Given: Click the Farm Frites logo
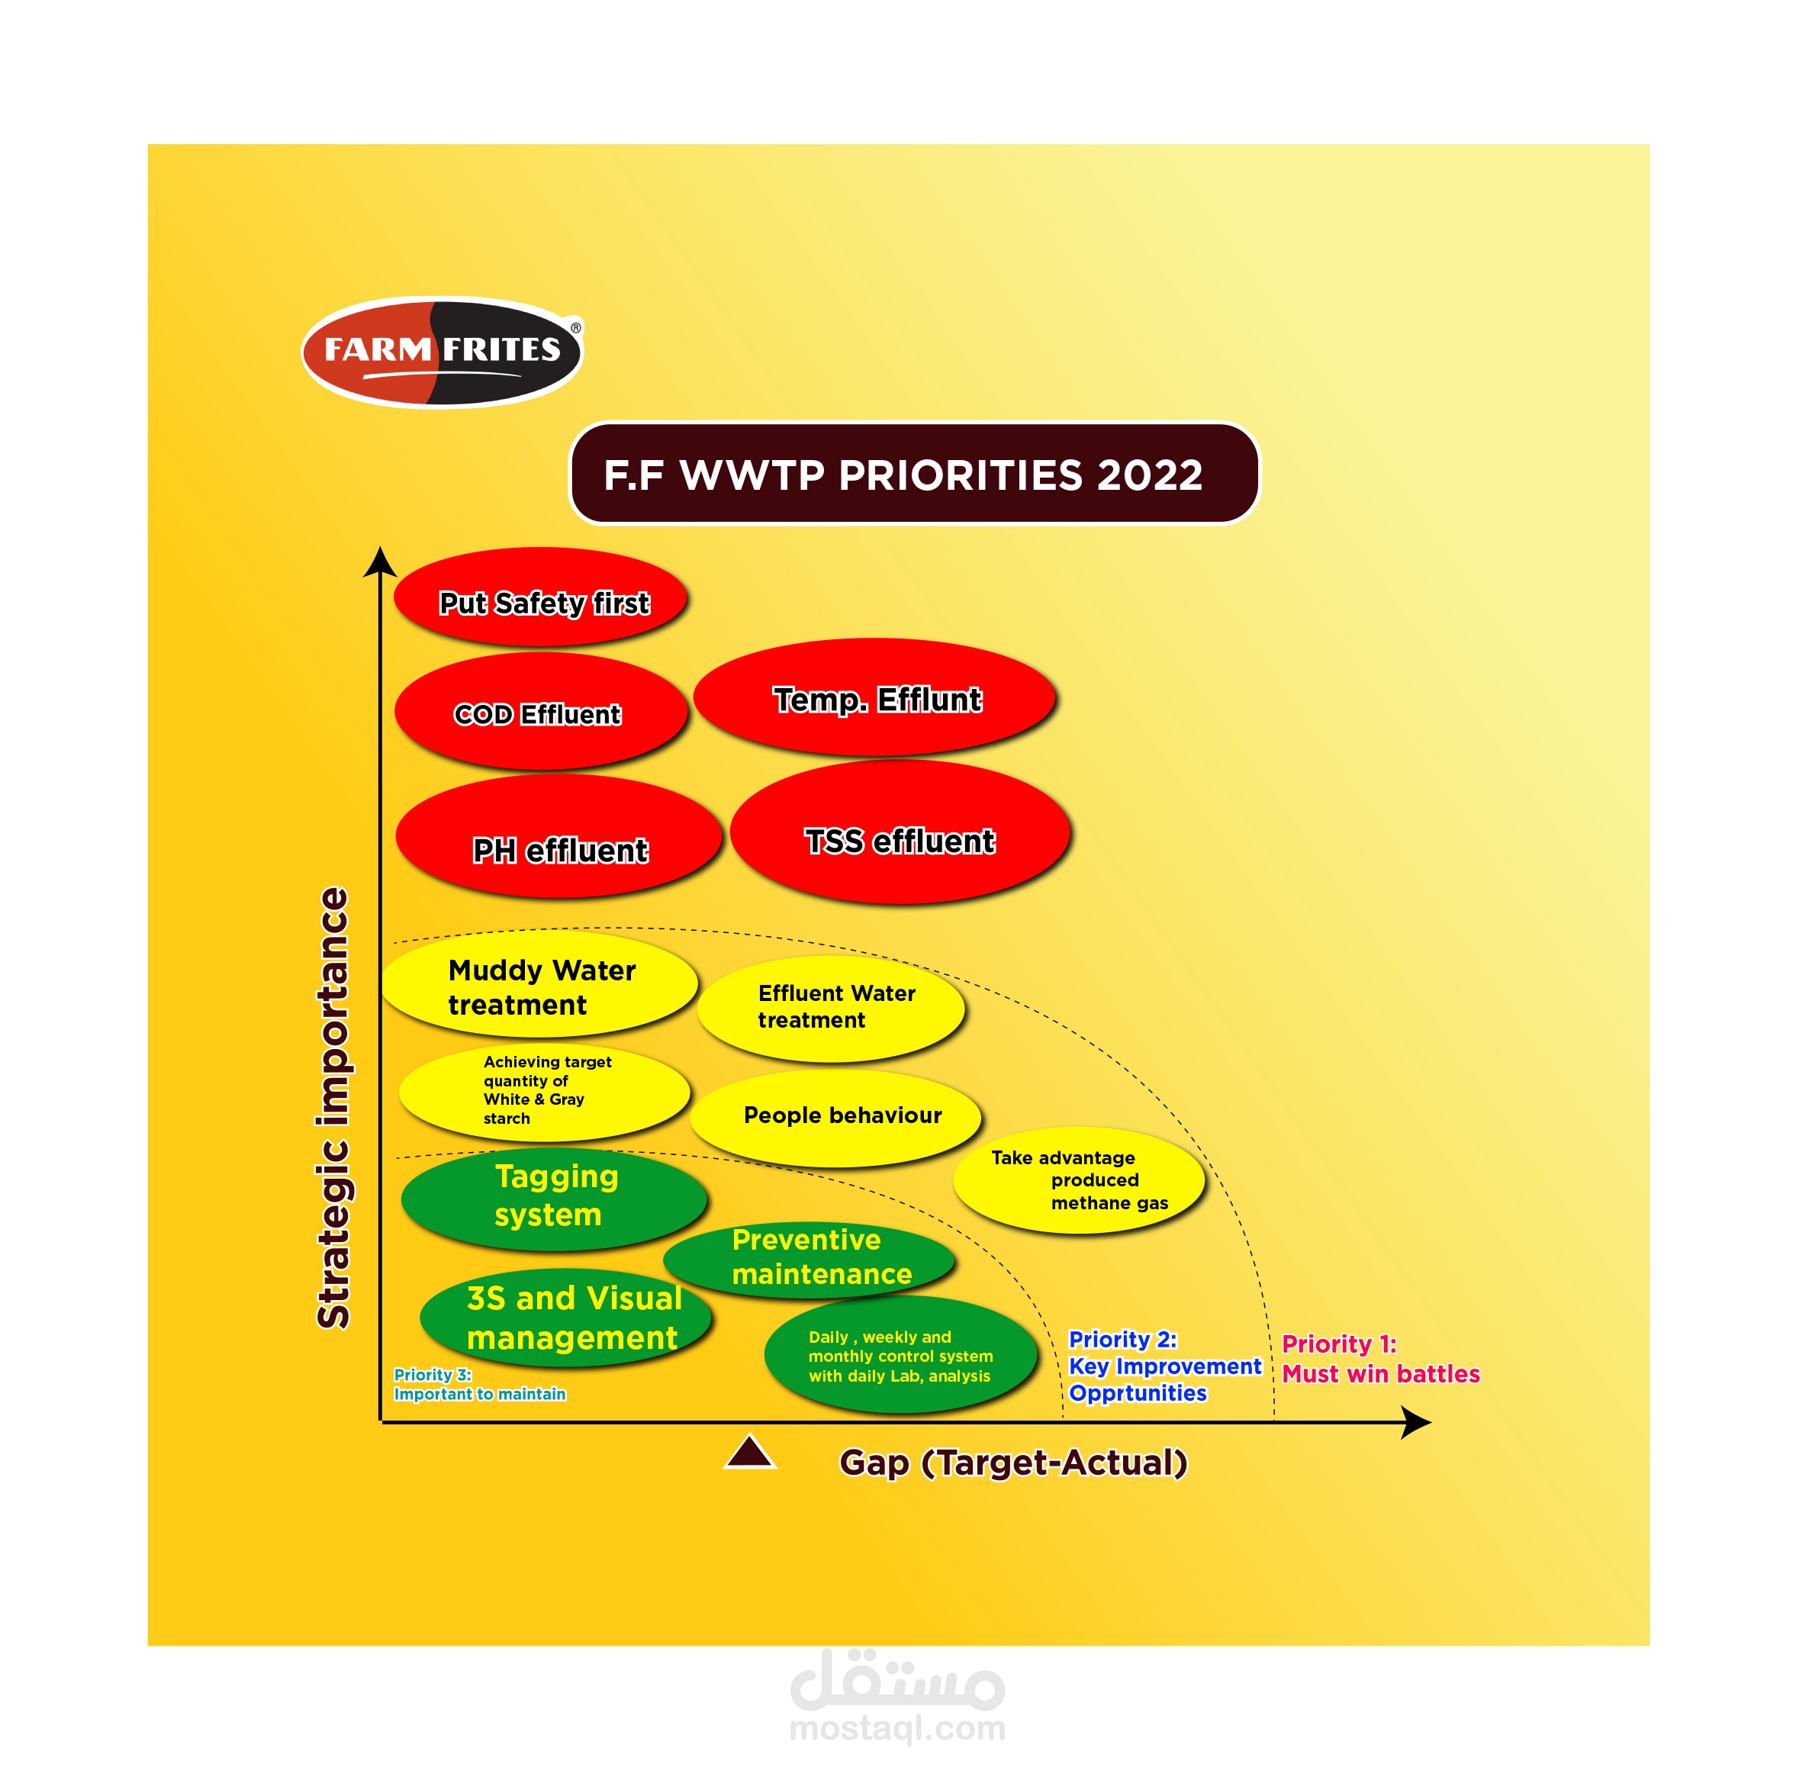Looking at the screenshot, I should tap(442, 352).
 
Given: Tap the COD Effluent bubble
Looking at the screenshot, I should tap(540, 711).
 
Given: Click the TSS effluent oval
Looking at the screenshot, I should tap(899, 832).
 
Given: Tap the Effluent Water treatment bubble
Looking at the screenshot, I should tap(830, 1007).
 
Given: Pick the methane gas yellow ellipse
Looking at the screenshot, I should tap(1077, 1180).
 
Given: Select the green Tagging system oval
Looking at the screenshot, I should tap(553, 1196).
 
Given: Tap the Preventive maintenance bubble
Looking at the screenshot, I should tap(809, 1258).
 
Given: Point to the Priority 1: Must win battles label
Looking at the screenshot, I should tap(1379, 1358).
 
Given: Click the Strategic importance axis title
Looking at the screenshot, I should tap(333, 1107).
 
